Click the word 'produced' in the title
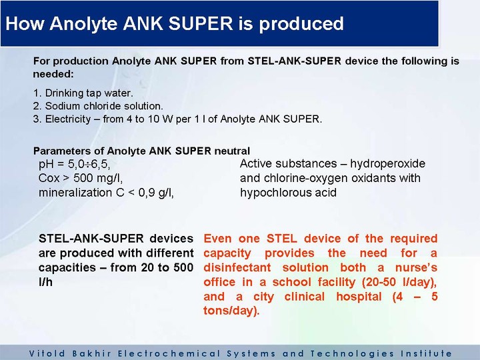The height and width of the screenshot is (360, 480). pos(301,24)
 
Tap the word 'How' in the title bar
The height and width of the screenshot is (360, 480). pos(24,23)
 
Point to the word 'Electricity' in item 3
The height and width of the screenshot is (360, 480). pos(68,119)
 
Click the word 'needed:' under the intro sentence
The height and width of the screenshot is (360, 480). pos(53,74)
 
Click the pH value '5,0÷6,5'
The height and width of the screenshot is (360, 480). pos(89,165)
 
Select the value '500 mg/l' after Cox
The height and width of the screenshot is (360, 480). pos(98,178)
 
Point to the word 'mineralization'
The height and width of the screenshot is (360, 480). pos(75,193)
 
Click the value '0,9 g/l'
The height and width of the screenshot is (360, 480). pos(156,193)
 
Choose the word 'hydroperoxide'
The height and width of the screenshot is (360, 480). pos(387,164)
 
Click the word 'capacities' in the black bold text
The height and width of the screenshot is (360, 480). pos(67,267)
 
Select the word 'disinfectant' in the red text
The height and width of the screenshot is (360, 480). pos(237,267)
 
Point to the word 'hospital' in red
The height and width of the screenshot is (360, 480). pos(359,297)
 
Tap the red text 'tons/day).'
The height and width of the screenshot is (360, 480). pos(231,311)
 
